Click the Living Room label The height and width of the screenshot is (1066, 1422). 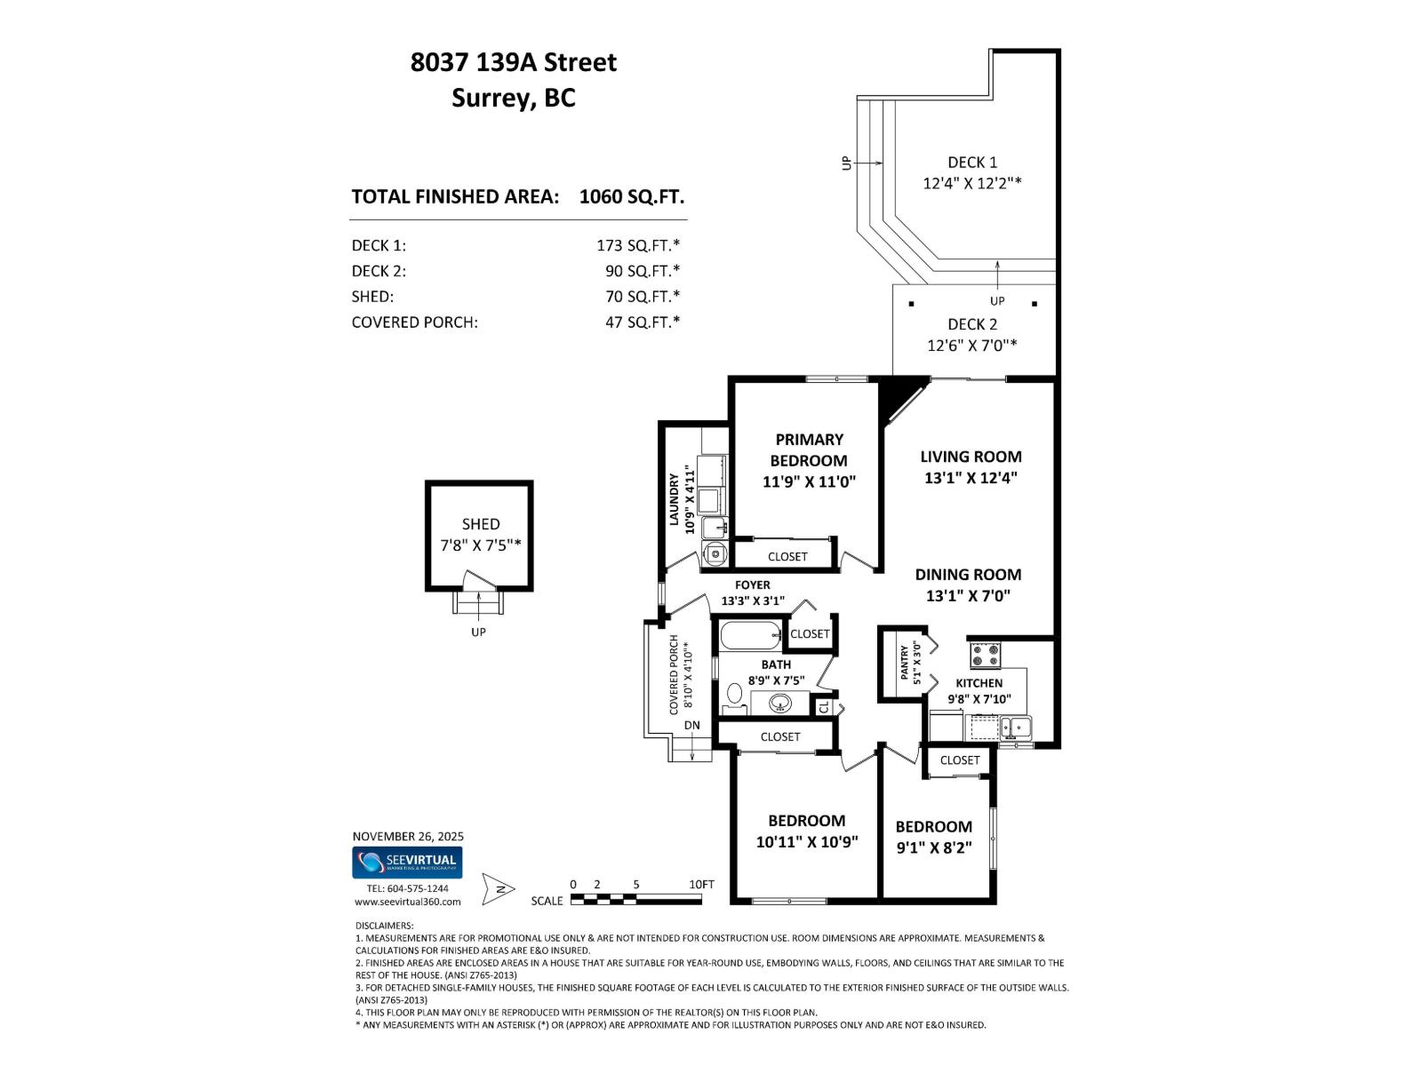point(971,457)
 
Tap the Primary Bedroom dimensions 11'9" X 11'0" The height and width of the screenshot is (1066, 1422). point(809,482)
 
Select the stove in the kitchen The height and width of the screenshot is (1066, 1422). point(985,656)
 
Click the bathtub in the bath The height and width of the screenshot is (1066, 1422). point(750,635)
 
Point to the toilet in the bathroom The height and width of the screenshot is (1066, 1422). point(735,694)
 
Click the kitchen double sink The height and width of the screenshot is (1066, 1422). point(1015,728)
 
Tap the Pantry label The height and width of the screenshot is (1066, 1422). point(905,663)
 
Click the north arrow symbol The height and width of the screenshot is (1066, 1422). point(499,888)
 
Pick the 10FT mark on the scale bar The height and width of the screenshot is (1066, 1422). point(701,885)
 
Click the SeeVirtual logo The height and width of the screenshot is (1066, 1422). point(407,862)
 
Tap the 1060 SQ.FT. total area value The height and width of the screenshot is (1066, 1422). point(631,196)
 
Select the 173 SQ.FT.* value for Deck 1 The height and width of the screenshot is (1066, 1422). point(637,245)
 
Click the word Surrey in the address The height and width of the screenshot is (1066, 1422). point(491,98)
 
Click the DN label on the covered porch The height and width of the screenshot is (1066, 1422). point(692,725)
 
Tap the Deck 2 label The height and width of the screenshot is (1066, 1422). point(972,324)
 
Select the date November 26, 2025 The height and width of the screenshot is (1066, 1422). point(408,836)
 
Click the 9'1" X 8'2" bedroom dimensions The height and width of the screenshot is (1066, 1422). point(933,847)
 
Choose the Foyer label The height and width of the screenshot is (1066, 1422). point(752,585)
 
